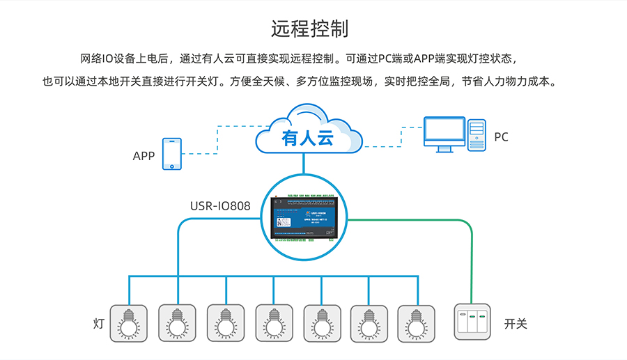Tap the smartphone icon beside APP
point(171,154)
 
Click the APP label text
point(144,156)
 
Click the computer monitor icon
point(444,134)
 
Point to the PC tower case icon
point(477,134)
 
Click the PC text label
point(502,137)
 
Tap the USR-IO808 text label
point(220,207)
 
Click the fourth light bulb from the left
point(273,322)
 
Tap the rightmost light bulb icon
point(416,322)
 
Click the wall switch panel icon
point(473,322)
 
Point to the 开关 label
point(516,324)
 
